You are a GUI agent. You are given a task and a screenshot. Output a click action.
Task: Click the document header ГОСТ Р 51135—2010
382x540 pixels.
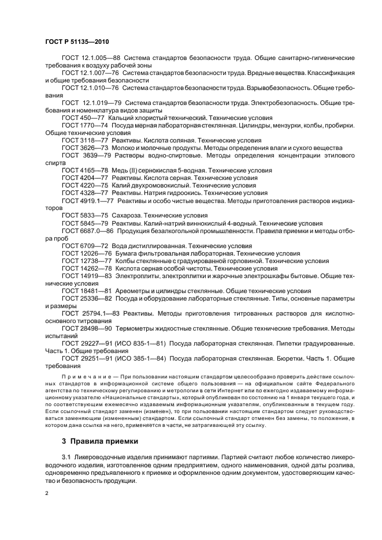[x=77, y=42]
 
